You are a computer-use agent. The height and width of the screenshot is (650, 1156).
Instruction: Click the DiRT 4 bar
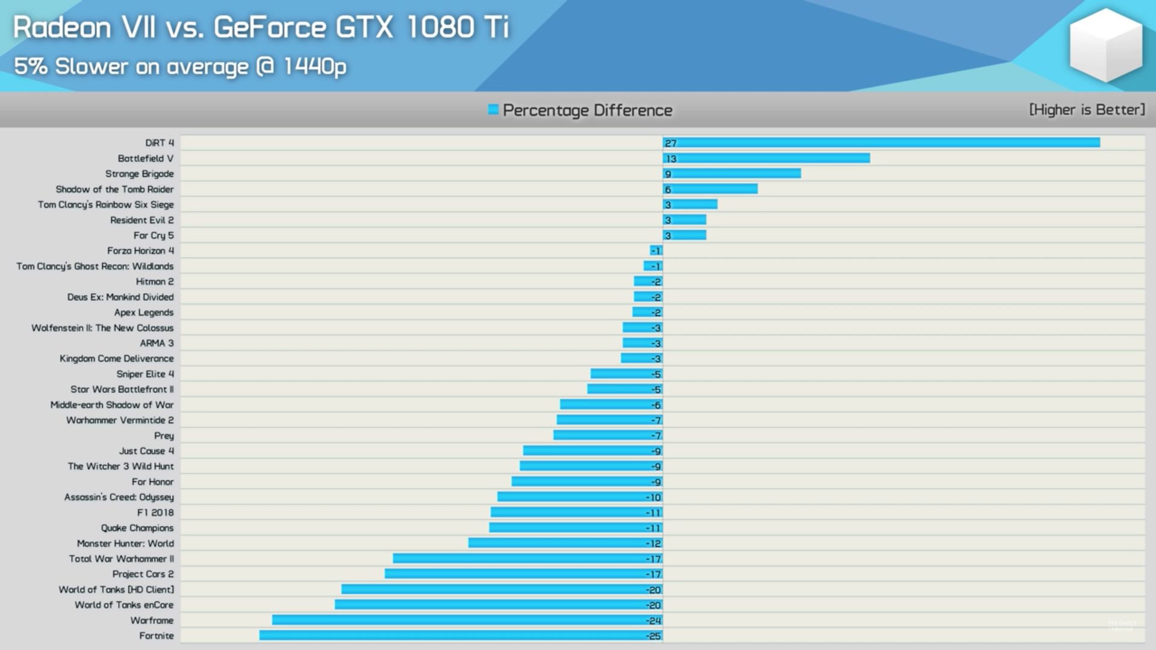coord(881,143)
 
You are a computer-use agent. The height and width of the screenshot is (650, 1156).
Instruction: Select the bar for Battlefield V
coord(766,158)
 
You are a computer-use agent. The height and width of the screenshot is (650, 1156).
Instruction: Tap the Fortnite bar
coord(461,636)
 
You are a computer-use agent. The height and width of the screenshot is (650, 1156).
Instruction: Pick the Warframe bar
coord(467,620)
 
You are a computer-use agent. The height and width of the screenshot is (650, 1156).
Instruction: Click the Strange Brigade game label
coord(139,174)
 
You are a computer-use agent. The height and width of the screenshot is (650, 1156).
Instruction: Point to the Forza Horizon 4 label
coord(140,251)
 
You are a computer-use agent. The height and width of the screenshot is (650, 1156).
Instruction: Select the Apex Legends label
coord(144,312)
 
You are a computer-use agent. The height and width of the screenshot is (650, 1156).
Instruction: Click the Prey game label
coord(164,436)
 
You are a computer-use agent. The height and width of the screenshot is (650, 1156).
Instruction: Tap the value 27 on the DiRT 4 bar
coord(671,143)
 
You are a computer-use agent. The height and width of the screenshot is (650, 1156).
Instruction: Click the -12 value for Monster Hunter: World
coord(653,543)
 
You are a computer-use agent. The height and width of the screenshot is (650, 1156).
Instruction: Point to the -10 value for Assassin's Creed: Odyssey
coord(653,497)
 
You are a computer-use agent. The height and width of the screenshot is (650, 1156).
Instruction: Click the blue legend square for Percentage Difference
coord(493,110)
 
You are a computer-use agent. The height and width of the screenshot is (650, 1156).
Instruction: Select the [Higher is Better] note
coord(1087,110)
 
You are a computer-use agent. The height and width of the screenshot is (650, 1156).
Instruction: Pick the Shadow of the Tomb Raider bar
coord(710,189)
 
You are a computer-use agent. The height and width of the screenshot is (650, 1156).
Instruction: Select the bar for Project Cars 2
coord(523,574)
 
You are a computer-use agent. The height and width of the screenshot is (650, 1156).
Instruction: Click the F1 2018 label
coord(155,513)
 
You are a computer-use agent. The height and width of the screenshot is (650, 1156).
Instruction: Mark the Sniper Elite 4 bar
coord(626,374)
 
